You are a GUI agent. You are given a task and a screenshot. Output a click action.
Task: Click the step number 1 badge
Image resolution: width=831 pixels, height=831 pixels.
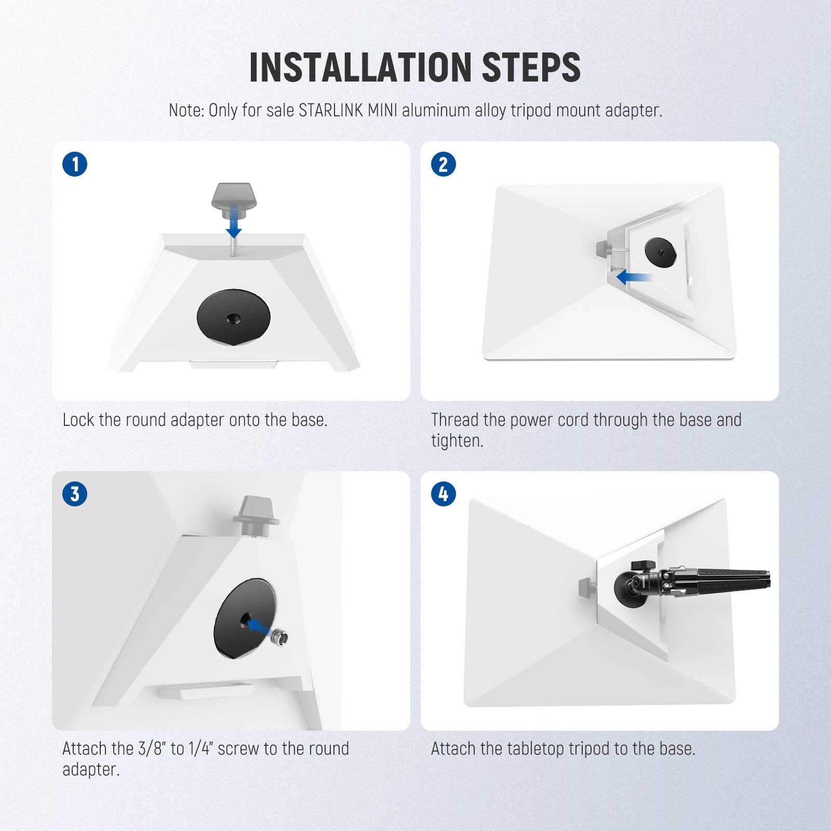[75, 165]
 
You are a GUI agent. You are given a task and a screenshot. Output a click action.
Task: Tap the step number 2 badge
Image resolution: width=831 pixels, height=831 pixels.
[444, 165]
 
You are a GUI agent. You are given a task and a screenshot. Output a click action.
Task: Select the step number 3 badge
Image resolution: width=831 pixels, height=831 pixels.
[75, 494]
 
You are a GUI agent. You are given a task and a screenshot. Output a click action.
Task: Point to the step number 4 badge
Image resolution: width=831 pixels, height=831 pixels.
[444, 494]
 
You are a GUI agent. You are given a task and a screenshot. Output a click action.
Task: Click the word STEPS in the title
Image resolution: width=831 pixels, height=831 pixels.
[531, 68]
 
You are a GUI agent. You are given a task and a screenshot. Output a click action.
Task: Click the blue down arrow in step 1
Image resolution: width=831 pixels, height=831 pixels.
[234, 221]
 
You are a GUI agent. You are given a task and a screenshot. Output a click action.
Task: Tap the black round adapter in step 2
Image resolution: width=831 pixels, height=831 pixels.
[661, 252]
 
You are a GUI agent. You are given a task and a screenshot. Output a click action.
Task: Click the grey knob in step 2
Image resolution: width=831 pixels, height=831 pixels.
[604, 249]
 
